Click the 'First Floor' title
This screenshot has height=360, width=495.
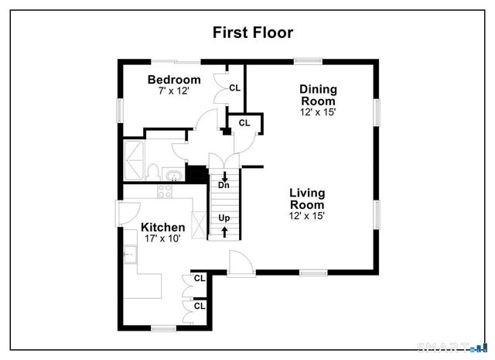point(253,32)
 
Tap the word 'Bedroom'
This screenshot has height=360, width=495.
point(174,79)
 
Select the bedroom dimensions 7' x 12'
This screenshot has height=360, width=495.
point(174,91)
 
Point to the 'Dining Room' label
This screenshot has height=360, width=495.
point(318,94)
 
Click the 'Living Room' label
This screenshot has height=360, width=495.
point(307,197)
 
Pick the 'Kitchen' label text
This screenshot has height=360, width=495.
point(162,227)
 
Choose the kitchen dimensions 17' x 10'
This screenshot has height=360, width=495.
point(162,239)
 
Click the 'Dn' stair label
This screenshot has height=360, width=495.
point(224,186)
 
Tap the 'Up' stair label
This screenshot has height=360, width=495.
point(224,218)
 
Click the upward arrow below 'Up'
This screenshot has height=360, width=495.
point(224,231)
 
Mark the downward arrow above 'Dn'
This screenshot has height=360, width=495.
point(224,175)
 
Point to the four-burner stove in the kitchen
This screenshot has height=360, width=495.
point(165,190)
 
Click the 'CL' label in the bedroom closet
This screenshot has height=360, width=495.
point(234,87)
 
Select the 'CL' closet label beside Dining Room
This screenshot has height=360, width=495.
point(244,122)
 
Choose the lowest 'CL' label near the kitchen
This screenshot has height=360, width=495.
point(200,306)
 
